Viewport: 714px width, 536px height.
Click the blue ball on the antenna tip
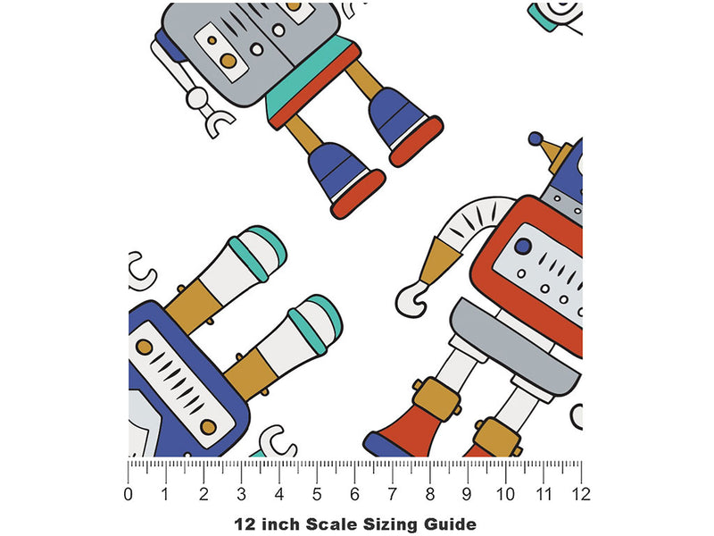tap(535, 138)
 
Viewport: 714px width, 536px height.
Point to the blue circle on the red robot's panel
tap(523, 247)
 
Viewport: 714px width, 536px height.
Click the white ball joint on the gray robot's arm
tap(197, 97)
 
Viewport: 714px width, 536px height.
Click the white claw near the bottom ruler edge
tap(277, 441)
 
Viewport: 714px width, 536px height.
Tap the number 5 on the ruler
tap(317, 495)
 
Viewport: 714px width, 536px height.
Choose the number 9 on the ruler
tap(468, 495)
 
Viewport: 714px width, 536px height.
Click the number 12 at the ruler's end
tap(581, 495)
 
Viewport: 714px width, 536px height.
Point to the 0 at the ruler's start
tap(128, 495)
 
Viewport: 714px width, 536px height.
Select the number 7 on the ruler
tap(393, 495)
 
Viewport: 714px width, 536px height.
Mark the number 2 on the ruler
tap(203, 495)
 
